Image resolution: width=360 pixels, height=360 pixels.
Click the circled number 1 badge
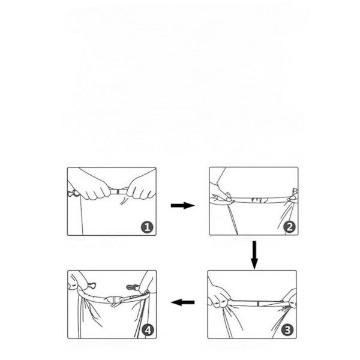point(147,227)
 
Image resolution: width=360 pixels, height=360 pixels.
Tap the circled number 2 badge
point(289,227)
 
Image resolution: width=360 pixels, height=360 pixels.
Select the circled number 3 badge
point(287,331)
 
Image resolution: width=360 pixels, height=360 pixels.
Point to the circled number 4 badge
point(148,331)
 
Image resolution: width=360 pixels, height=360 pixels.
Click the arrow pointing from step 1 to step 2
point(183,205)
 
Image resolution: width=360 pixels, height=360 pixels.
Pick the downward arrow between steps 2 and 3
point(254,255)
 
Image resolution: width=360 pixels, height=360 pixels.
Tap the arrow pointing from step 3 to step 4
point(183,302)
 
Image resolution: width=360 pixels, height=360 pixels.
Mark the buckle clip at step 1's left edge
point(73,193)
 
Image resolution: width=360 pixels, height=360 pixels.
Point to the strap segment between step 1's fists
point(119,191)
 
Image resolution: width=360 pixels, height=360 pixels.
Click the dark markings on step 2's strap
point(259,200)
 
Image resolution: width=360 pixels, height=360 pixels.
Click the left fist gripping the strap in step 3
point(218,296)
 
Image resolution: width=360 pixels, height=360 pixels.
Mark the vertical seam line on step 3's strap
point(258,304)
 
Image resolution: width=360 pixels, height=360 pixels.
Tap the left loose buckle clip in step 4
point(91,286)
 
